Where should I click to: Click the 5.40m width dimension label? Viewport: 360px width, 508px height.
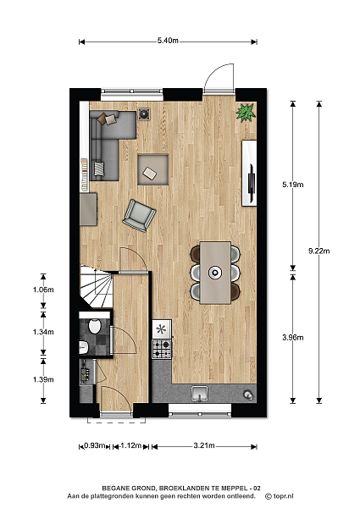point(168,41)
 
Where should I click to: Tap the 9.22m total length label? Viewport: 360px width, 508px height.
point(318,251)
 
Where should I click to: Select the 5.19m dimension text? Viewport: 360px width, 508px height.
point(292,185)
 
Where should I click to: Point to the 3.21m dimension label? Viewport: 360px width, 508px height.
point(204,445)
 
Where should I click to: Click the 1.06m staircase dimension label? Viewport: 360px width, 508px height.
point(43,290)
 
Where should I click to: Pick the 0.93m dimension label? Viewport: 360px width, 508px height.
point(95,446)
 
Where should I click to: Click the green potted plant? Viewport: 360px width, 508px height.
point(246,113)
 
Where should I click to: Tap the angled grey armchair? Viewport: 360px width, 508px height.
point(139,215)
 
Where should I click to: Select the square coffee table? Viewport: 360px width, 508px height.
point(153,169)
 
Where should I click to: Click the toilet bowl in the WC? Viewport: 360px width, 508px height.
point(95,326)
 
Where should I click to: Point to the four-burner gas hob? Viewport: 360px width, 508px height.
point(162,349)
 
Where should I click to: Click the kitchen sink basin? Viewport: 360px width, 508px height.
point(200,393)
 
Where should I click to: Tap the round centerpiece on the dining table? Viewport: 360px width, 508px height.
point(215,273)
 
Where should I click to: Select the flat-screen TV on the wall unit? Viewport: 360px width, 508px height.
point(252,182)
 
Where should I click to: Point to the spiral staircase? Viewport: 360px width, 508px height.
point(97,287)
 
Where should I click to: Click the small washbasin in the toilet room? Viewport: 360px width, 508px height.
point(84,347)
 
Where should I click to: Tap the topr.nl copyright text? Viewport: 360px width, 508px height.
point(280,496)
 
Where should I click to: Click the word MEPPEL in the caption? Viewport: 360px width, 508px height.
point(234,489)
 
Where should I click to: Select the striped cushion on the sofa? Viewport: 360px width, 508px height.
point(99,168)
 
